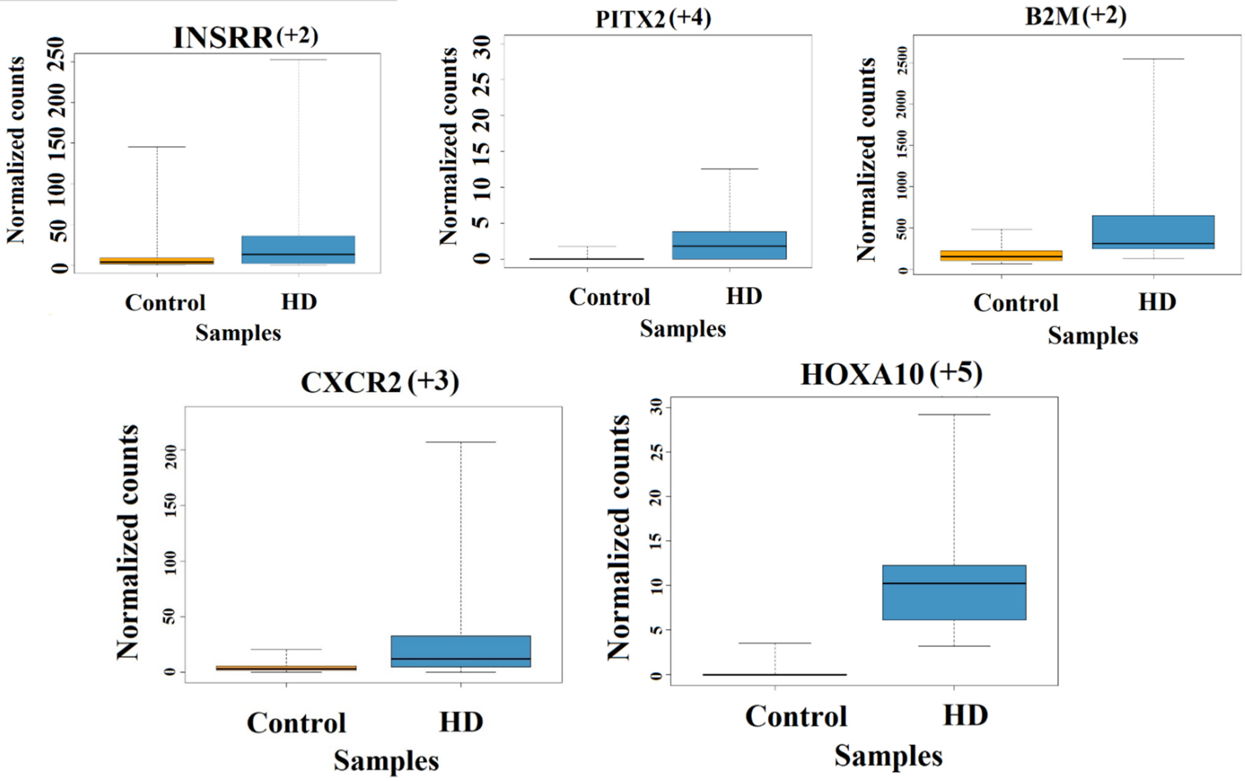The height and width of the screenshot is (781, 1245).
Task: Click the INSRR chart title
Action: point(223,38)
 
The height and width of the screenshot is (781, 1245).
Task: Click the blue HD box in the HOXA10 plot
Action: point(954,592)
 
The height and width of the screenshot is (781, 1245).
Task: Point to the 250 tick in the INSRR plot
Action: point(57,55)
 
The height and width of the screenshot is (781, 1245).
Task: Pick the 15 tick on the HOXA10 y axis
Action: point(656,541)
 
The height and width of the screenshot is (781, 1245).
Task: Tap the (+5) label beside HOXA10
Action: point(956,373)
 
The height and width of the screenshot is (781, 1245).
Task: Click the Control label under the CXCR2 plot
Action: point(296,722)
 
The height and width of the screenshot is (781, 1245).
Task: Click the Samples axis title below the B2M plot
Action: point(1093,336)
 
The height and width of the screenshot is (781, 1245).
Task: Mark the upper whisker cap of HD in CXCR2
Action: point(460,442)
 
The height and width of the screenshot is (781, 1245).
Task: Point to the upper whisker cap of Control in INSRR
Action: point(157,147)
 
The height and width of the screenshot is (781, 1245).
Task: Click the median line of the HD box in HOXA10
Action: point(954,583)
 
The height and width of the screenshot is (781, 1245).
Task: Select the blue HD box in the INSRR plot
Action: point(298,250)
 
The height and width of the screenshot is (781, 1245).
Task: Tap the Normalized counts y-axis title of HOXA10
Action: point(618,537)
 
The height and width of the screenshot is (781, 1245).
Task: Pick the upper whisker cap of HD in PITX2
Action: point(729,169)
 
